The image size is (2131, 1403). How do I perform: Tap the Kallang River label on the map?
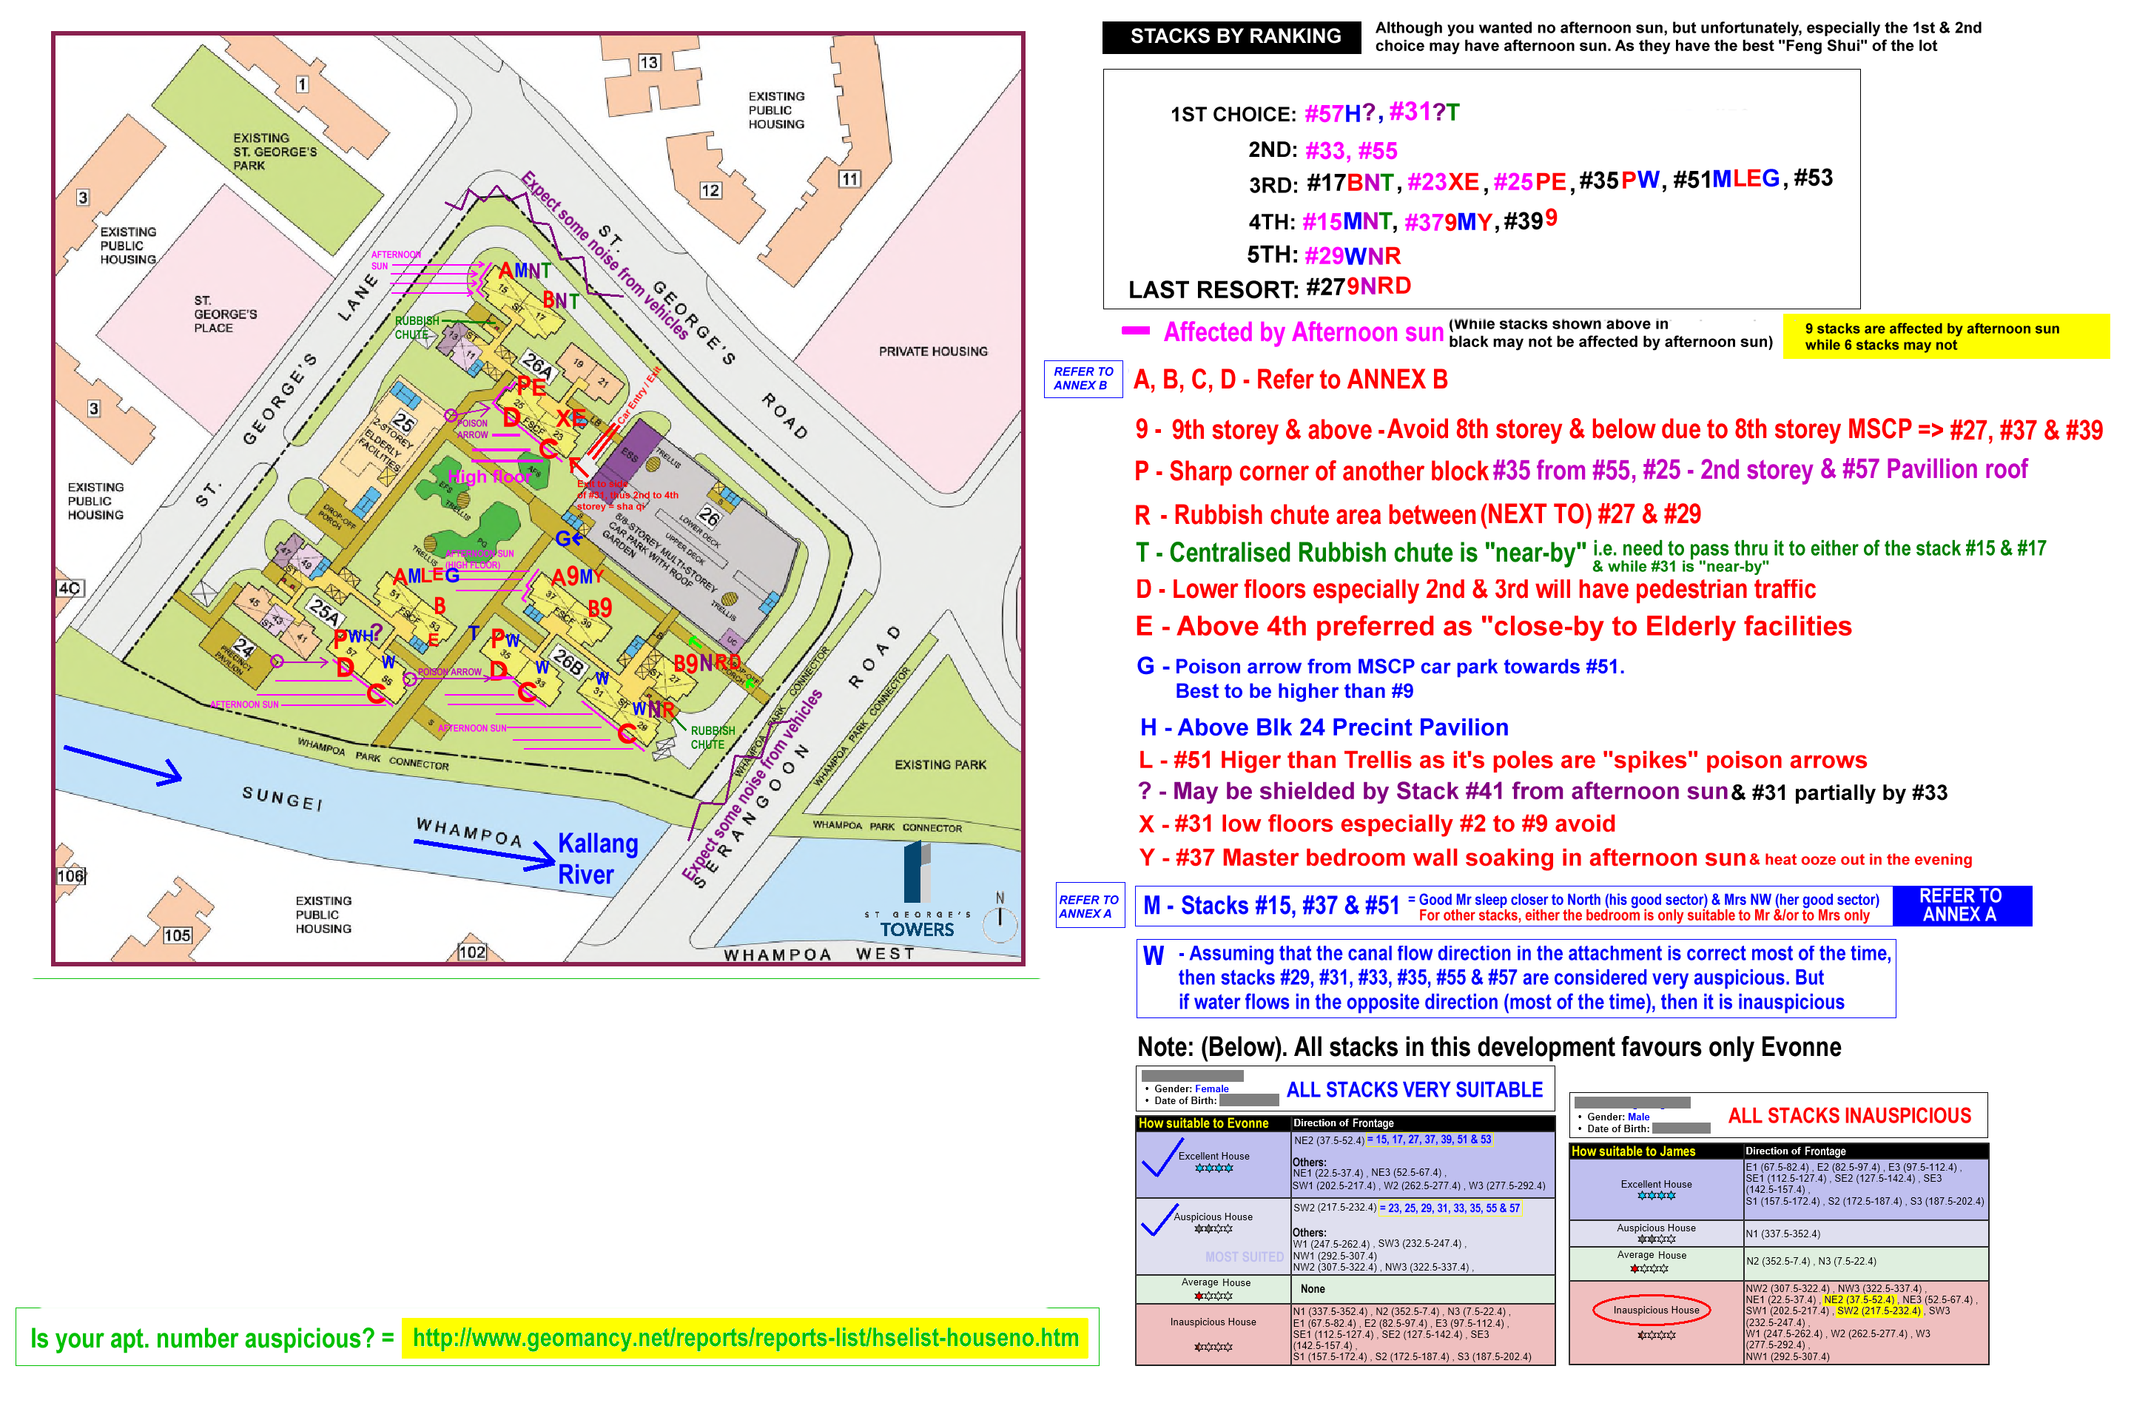597,858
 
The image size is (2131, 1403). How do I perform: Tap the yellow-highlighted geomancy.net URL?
745,1339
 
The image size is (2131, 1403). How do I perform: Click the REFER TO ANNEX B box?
1083,379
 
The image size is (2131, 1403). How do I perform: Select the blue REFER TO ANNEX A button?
1960,905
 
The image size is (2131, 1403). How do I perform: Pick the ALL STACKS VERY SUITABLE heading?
1414,1090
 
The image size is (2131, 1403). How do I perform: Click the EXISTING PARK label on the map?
940,764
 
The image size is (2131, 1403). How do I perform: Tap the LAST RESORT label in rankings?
1212,290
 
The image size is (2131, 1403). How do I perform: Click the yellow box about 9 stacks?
1945,337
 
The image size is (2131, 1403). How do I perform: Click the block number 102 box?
472,952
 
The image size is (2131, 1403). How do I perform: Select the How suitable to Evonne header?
1203,1123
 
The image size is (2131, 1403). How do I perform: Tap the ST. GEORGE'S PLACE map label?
226,314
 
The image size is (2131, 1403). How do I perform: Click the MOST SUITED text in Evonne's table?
1244,1257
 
